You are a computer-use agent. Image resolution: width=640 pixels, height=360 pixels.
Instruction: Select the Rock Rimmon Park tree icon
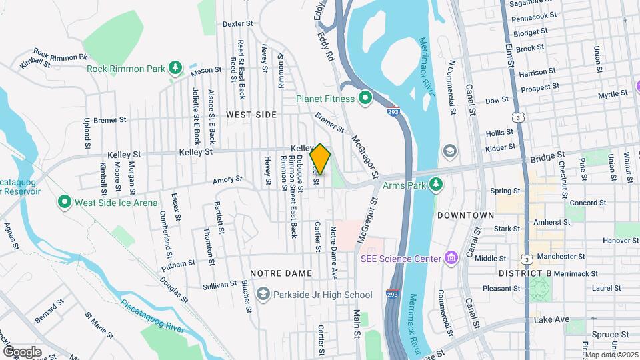(x=175, y=67)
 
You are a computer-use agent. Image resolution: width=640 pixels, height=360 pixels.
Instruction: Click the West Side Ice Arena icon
(x=65, y=201)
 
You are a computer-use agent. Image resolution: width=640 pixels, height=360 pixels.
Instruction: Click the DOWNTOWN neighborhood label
(x=465, y=215)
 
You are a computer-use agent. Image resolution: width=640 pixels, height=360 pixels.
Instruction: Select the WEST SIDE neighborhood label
(x=251, y=115)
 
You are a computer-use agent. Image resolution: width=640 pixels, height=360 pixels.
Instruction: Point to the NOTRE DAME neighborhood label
(x=281, y=273)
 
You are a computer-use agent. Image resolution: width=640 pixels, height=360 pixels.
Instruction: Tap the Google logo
(x=22, y=351)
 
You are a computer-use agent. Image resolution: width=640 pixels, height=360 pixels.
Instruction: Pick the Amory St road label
(x=227, y=179)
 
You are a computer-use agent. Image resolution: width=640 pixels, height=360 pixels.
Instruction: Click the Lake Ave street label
(x=551, y=320)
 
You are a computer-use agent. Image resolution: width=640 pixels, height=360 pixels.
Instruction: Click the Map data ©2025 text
(x=610, y=354)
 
